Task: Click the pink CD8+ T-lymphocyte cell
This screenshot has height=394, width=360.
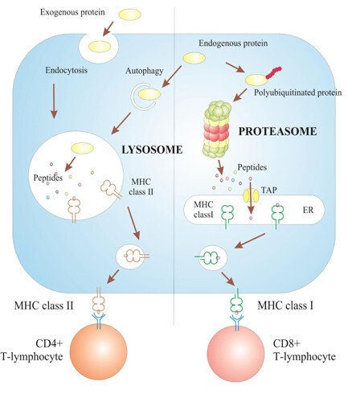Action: pyautogui.click(x=239, y=355)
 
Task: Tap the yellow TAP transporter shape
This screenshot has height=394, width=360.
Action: pyautogui.click(x=250, y=194)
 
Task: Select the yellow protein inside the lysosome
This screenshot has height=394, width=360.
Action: pyautogui.click(x=82, y=147)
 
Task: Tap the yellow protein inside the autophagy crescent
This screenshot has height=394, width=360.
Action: pyautogui.click(x=149, y=94)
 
